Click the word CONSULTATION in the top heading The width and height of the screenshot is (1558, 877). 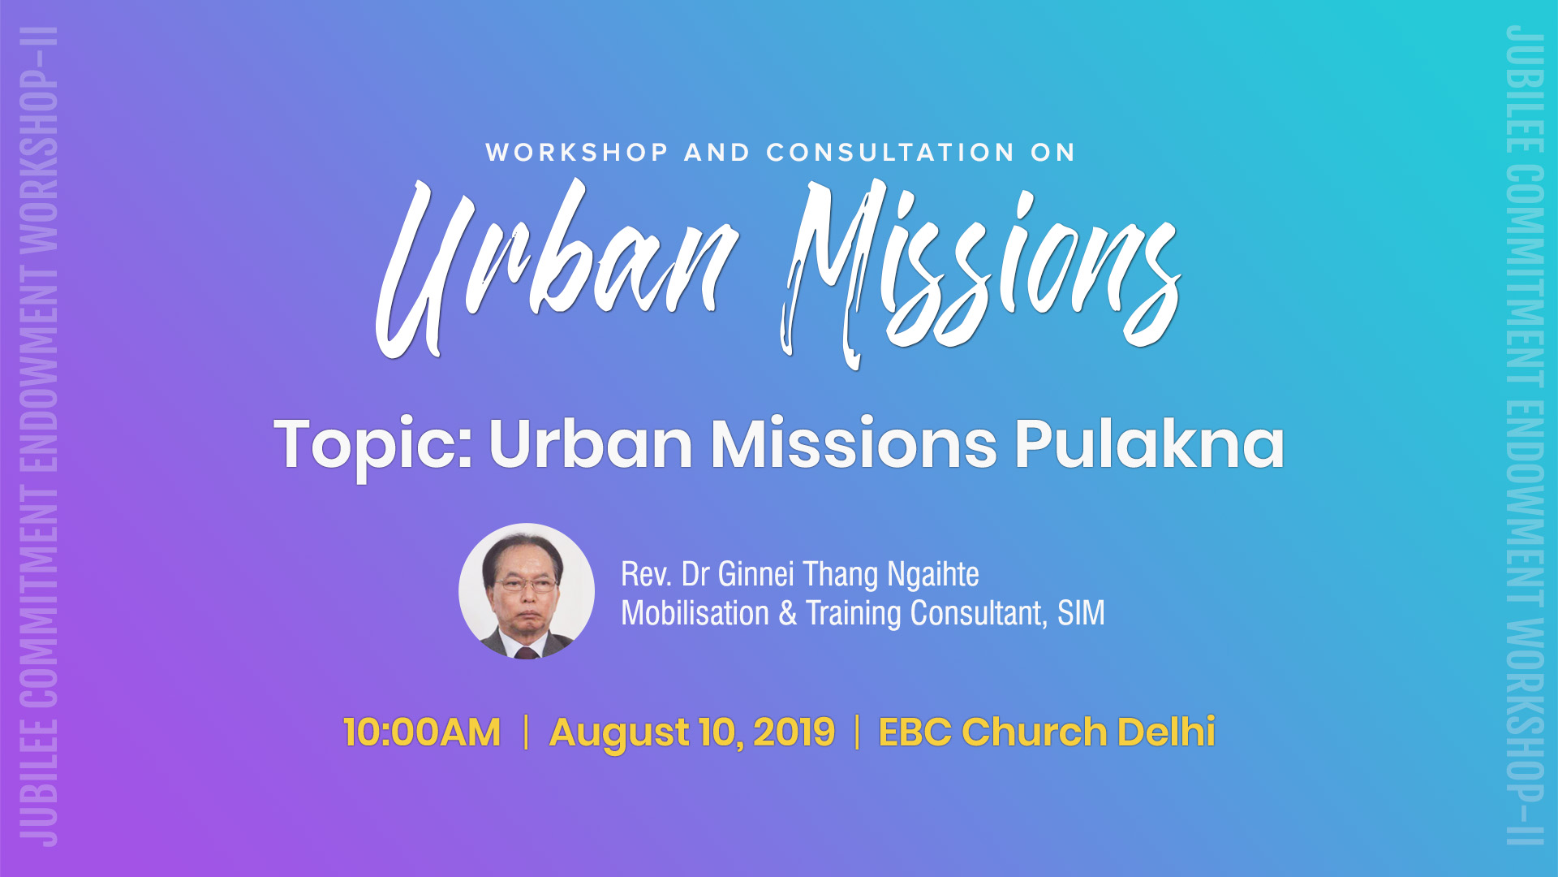click(x=890, y=153)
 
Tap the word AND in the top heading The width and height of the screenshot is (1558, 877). click(x=717, y=153)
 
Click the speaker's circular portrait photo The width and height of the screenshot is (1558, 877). click(x=527, y=591)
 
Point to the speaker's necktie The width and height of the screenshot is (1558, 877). click(x=527, y=652)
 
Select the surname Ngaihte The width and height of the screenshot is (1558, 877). click(x=933, y=575)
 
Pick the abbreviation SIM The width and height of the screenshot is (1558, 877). click(x=1081, y=613)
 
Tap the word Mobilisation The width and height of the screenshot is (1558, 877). click(x=695, y=613)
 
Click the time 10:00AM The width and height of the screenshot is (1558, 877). click(x=422, y=732)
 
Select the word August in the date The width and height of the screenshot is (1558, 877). click(x=619, y=733)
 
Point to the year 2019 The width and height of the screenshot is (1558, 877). click(x=794, y=732)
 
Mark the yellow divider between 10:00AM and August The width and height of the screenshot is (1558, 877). click(x=526, y=732)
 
